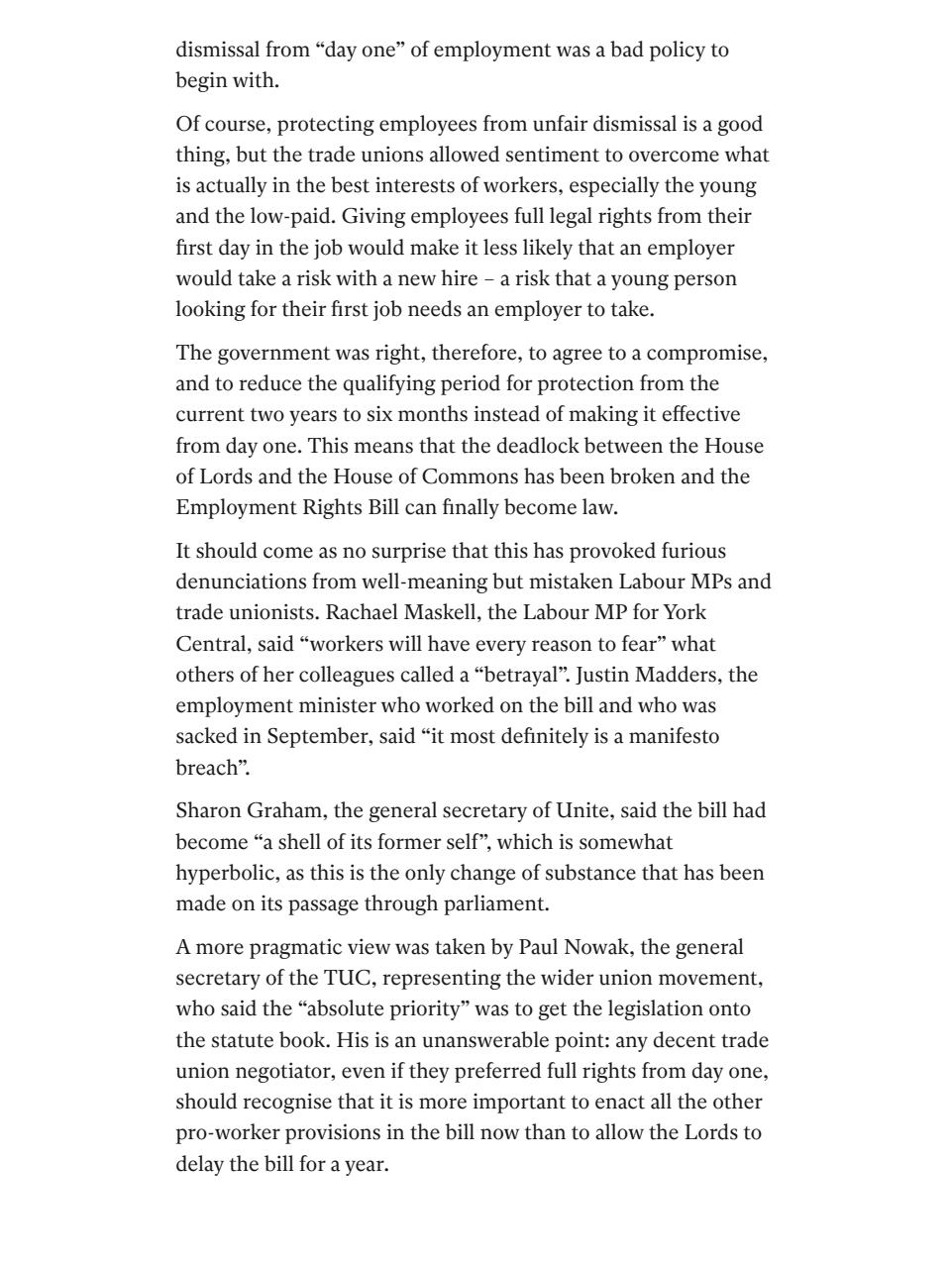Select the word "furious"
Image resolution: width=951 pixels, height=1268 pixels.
pos(693,552)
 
